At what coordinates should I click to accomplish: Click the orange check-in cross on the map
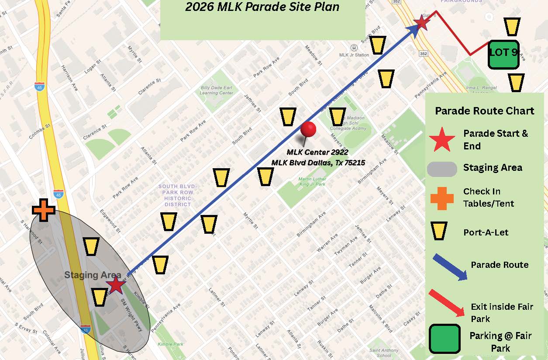[x=44, y=210]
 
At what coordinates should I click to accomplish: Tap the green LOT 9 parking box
[x=503, y=55]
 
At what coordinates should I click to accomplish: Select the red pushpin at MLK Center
[x=308, y=130]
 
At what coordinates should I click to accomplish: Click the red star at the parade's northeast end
[x=422, y=22]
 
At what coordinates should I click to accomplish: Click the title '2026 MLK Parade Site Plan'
[x=262, y=7]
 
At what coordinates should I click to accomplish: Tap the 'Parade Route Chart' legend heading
[x=484, y=111]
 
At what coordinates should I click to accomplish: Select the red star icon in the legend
[x=442, y=139]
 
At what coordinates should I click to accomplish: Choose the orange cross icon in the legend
[x=442, y=197]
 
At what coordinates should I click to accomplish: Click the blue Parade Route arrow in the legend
[x=450, y=266]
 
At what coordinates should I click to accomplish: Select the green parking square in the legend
[x=445, y=339]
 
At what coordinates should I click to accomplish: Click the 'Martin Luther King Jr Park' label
[x=312, y=182]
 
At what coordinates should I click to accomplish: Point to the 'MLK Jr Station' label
[x=354, y=55]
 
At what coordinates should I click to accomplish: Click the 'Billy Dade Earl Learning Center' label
[x=216, y=90]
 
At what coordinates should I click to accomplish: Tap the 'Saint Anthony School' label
[x=384, y=353]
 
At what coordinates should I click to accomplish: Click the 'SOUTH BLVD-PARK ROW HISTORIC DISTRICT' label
[x=178, y=195]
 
